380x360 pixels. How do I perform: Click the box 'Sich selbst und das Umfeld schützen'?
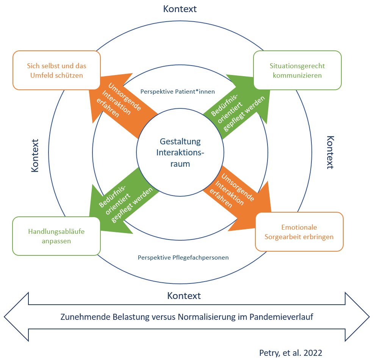pyautogui.click(x=56, y=70)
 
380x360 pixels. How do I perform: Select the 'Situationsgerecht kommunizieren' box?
pyautogui.click(x=297, y=70)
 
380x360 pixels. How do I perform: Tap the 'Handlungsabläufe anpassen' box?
pyautogui.click(x=56, y=236)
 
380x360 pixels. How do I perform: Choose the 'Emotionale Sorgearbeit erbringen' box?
pyautogui.click(x=299, y=232)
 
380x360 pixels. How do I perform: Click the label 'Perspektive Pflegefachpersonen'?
pyautogui.click(x=183, y=257)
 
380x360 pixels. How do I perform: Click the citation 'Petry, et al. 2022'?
pyautogui.click(x=291, y=352)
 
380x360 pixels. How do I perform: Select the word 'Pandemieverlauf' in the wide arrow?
pyautogui.click(x=282, y=317)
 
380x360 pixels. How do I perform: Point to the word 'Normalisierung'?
pyautogui.click(x=200, y=317)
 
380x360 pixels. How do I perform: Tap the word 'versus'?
pyautogui.click(x=158, y=317)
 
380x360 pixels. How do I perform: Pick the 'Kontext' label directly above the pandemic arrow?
pyautogui.click(x=184, y=296)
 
